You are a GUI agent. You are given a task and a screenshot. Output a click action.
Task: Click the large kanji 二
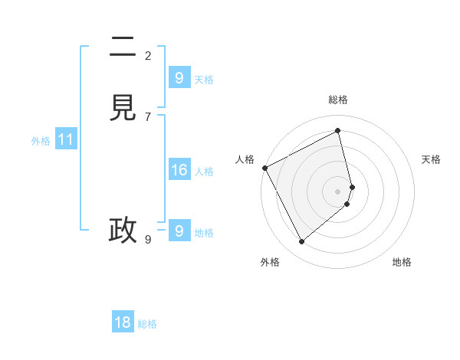pyautogui.click(x=123, y=48)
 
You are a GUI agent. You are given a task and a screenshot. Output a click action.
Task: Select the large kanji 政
pyautogui.click(x=123, y=230)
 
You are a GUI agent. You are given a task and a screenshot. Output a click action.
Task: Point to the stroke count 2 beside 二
pyautogui.click(x=148, y=55)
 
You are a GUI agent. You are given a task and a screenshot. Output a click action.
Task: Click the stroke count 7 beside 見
pyautogui.click(x=148, y=116)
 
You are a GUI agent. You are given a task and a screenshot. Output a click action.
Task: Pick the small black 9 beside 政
pyautogui.click(x=148, y=239)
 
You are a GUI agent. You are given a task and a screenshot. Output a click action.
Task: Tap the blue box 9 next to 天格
pyautogui.click(x=179, y=78)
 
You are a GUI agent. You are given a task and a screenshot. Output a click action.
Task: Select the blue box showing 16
pyautogui.click(x=179, y=170)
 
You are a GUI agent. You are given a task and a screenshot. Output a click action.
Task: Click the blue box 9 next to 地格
pyautogui.click(x=179, y=231)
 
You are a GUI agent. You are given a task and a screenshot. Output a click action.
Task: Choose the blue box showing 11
pyautogui.click(x=66, y=140)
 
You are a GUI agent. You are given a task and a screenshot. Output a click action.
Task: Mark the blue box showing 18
pyautogui.click(x=123, y=322)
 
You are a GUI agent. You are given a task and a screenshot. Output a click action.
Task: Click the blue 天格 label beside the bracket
pyautogui.click(x=204, y=79)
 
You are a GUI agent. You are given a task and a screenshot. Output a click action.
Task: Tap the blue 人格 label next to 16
pyautogui.click(x=204, y=172)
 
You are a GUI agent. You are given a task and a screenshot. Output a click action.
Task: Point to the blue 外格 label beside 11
pyautogui.click(x=41, y=141)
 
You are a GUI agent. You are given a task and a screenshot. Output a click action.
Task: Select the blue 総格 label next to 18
pyautogui.click(x=147, y=323)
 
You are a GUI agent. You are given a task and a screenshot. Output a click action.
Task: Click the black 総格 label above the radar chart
pyautogui.click(x=338, y=100)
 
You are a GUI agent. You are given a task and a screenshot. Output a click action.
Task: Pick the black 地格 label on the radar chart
pyautogui.click(x=402, y=262)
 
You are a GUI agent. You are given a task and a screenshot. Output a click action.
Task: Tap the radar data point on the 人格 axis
pyautogui.click(x=264, y=168)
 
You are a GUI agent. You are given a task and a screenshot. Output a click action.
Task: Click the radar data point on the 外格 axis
pyautogui.click(x=301, y=242)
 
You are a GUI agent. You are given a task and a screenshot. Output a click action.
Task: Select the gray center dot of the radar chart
pyautogui.click(x=338, y=191)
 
